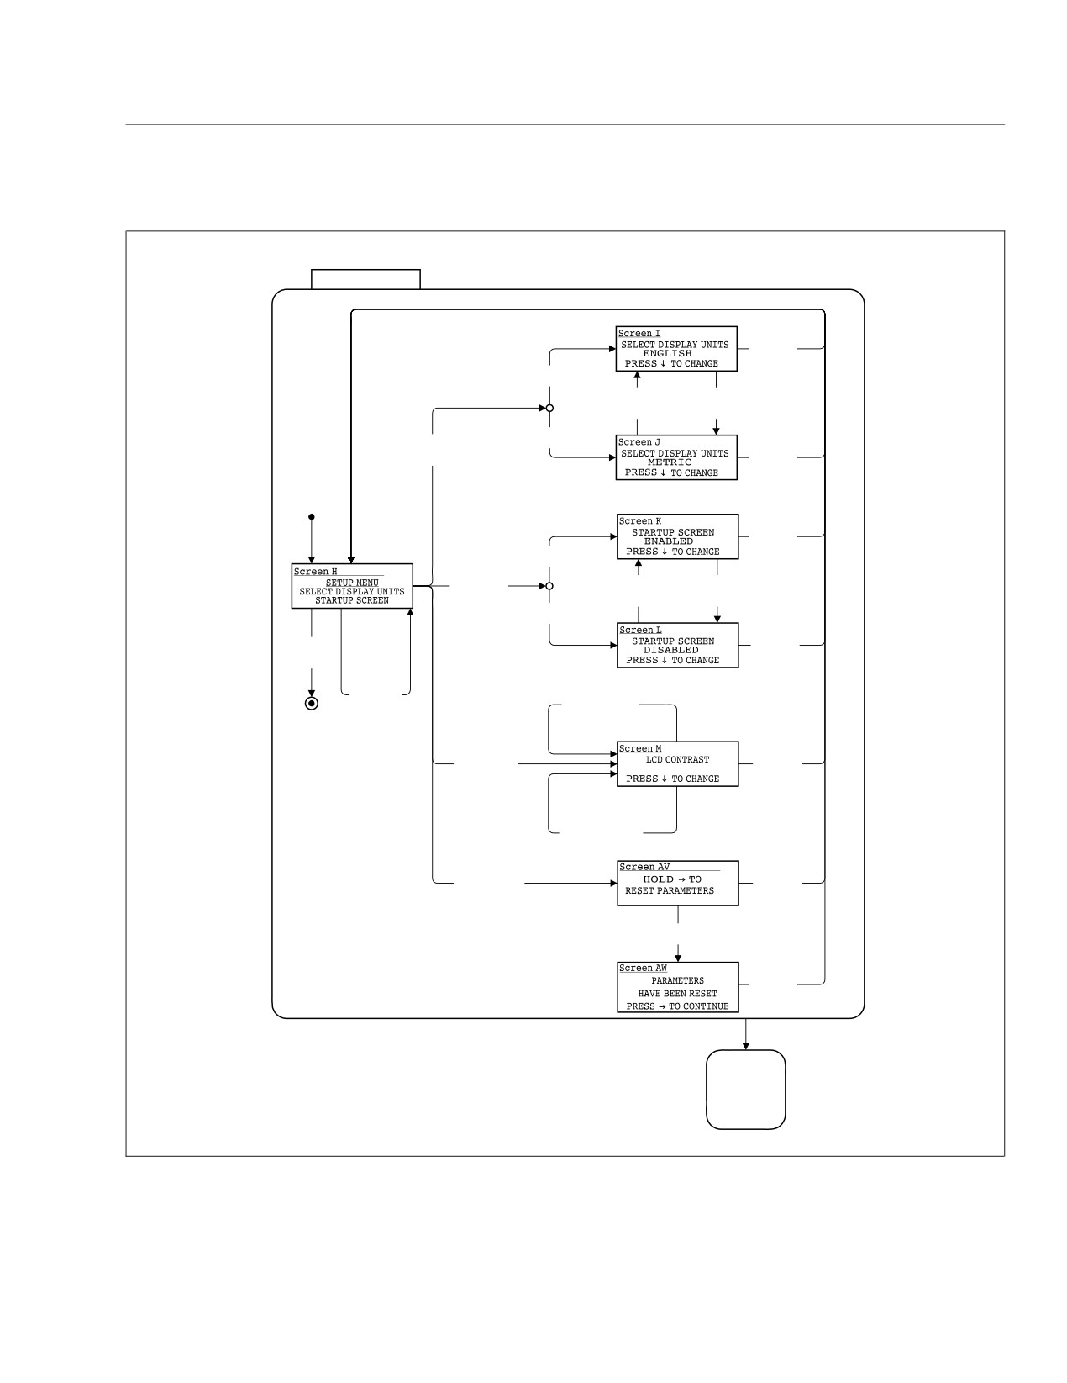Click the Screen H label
(315, 572)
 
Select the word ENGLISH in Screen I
(667, 353)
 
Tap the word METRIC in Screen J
(670, 462)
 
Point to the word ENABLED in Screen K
(668, 541)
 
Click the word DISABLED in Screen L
(670, 650)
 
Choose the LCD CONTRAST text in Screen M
(677, 759)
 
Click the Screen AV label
(644, 867)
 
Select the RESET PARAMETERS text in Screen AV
(669, 890)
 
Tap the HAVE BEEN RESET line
(677, 994)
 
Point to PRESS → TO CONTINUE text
(677, 1006)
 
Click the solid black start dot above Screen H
(312, 517)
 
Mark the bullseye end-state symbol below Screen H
(312, 704)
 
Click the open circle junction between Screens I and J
(550, 408)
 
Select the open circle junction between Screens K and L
(549, 586)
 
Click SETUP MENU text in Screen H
(352, 583)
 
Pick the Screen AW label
(643, 968)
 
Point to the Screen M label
(640, 748)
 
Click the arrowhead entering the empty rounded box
(746, 1046)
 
